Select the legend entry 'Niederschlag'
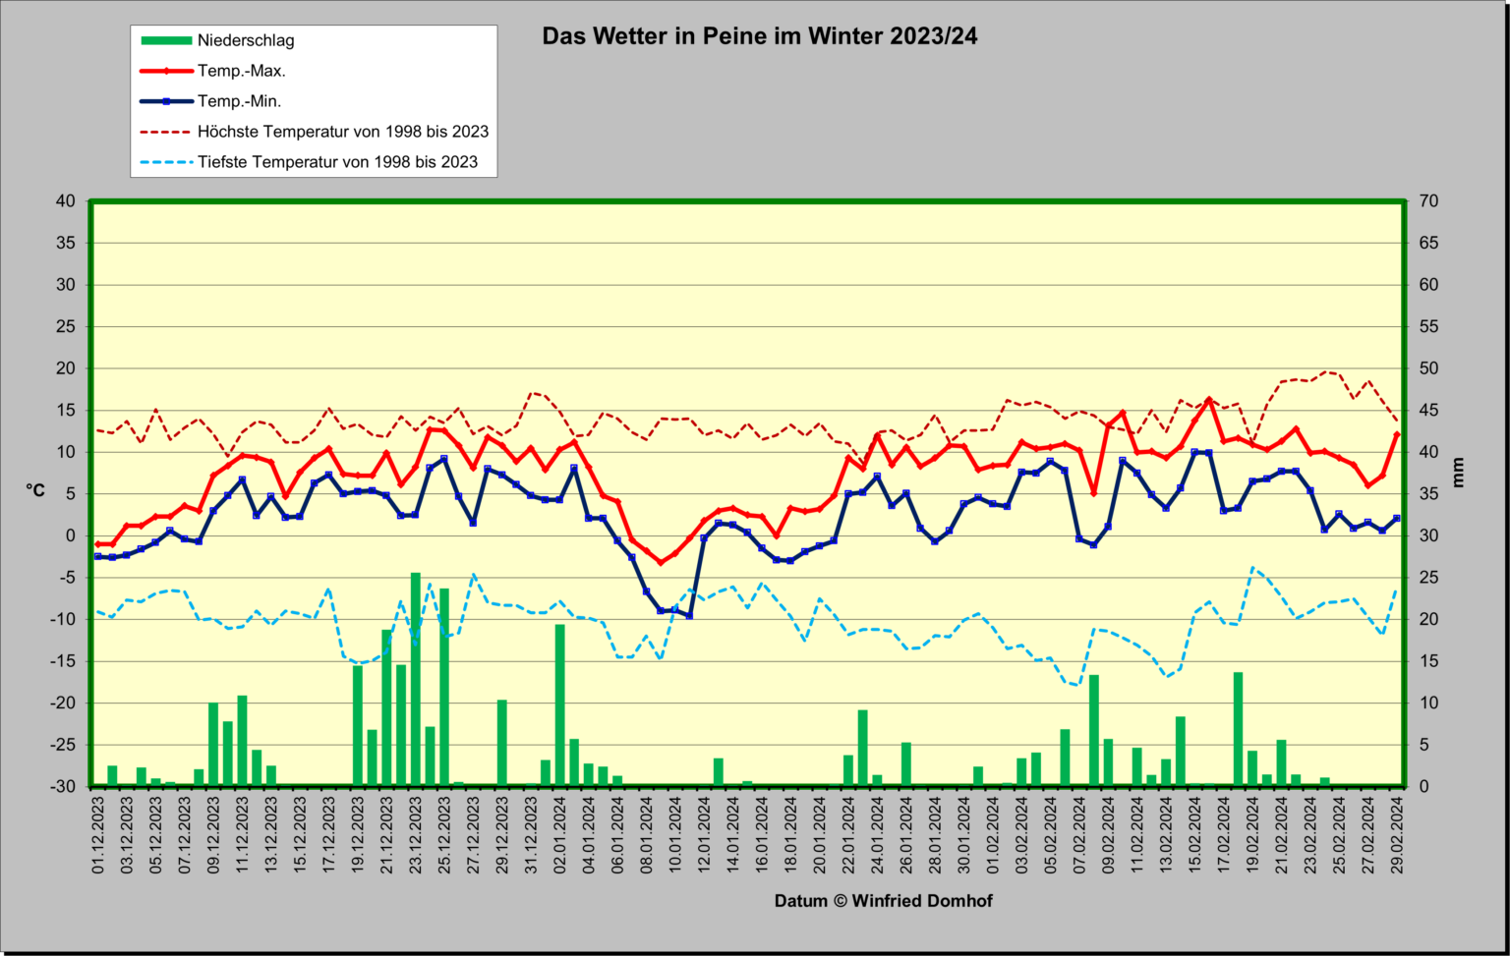(246, 40)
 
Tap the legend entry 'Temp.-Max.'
(241, 71)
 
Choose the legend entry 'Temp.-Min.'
(239, 101)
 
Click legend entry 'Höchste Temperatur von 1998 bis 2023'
(343, 132)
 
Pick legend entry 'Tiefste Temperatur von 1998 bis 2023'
(338, 162)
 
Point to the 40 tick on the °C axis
(66, 200)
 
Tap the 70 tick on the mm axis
(1428, 200)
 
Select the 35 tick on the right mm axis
(1428, 494)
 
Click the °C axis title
(35, 490)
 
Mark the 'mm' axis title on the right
(1458, 473)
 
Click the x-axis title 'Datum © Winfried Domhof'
(883, 901)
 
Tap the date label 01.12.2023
(97, 835)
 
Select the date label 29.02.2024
(1397, 835)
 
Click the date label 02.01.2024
(559, 835)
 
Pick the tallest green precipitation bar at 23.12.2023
(415, 679)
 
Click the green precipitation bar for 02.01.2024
(559, 705)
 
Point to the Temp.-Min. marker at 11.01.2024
(689, 616)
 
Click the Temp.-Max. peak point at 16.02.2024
(1208, 400)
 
